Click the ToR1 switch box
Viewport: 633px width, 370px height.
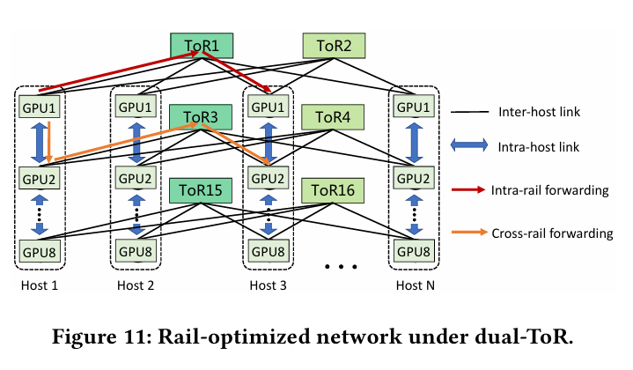click(202, 46)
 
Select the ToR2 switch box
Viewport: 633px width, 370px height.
click(334, 46)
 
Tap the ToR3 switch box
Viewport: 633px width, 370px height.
click(202, 117)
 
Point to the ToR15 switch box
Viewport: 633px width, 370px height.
click(202, 189)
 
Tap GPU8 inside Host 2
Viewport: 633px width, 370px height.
click(136, 250)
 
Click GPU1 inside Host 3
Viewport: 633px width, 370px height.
click(269, 107)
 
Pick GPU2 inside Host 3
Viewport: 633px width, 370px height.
click(269, 179)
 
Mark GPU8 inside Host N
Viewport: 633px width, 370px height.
click(414, 250)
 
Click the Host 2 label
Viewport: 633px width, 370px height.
click(136, 286)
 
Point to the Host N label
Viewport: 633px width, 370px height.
click(414, 286)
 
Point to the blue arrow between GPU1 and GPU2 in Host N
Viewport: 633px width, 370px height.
click(414, 143)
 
